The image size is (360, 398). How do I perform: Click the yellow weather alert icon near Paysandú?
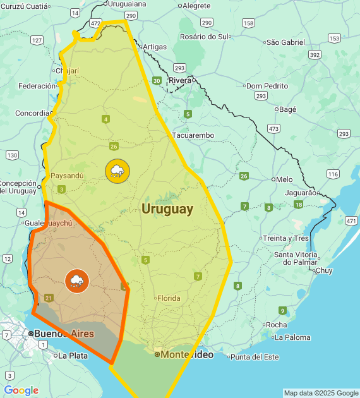117,171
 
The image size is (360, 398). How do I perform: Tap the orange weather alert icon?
77,280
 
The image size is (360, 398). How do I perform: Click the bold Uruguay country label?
167,209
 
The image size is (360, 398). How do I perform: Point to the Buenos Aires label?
64,334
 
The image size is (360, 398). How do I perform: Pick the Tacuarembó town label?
193,135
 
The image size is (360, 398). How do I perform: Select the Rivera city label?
179,80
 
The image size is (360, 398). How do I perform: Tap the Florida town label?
169,298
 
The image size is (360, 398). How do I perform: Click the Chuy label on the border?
323,270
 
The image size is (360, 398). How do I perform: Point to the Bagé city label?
287,109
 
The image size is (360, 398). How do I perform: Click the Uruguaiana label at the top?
127,4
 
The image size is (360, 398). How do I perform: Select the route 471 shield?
351,220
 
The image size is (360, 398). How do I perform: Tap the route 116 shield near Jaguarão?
333,174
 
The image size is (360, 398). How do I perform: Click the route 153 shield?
334,39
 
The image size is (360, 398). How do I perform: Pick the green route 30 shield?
156,80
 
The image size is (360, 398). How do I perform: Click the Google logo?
21,390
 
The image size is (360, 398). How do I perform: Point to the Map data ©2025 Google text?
320,393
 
